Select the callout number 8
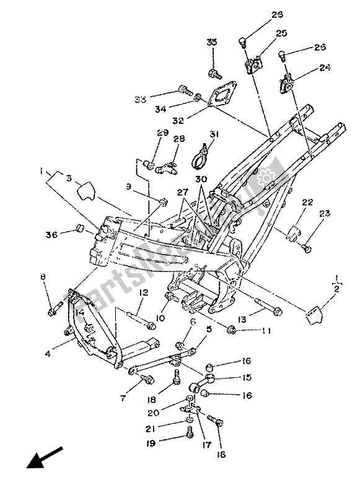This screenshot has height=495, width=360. [x=43, y=277]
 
